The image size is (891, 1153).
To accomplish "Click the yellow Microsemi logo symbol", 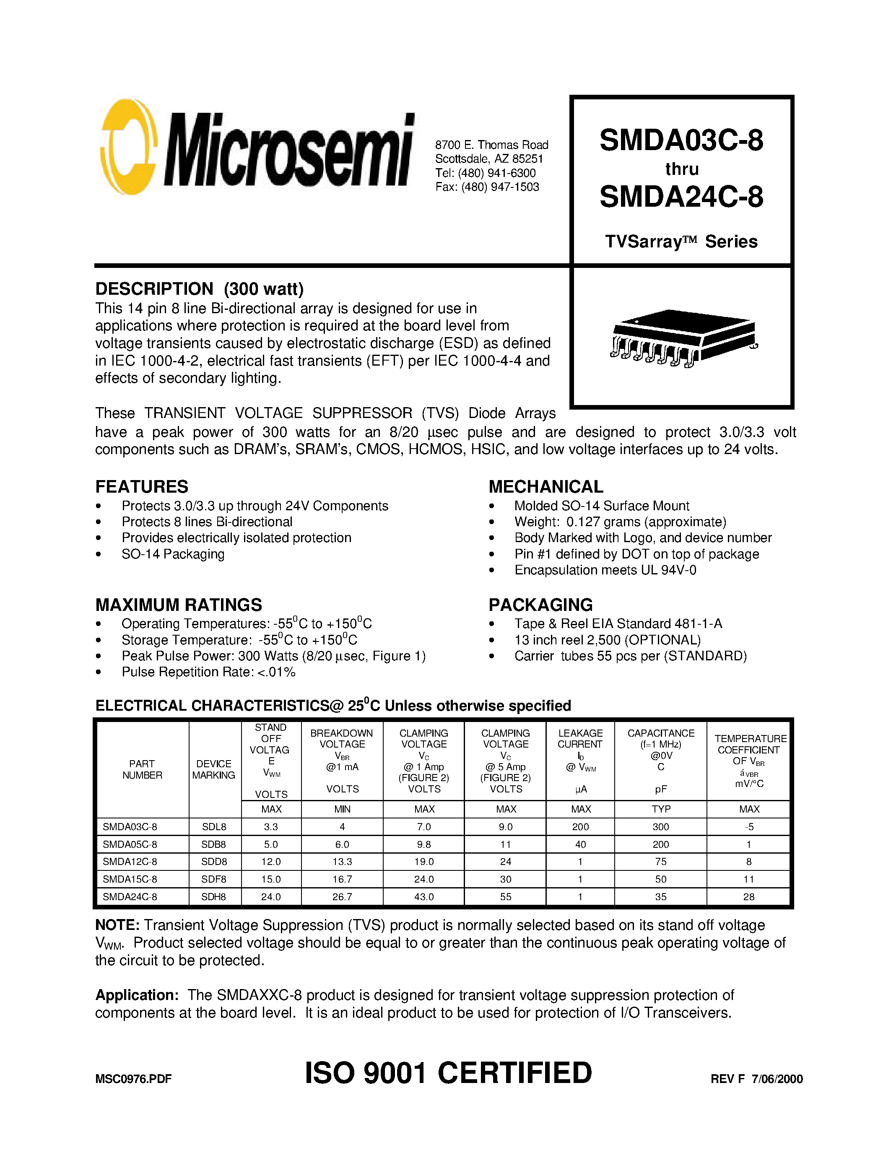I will [128, 146].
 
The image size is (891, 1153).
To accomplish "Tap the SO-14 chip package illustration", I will [683, 338].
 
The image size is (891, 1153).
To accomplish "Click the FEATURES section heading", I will [141, 486].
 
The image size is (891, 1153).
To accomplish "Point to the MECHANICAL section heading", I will [546, 486].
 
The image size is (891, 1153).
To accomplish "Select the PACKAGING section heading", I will [540, 605].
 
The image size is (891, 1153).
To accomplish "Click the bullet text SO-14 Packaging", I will [173, 554].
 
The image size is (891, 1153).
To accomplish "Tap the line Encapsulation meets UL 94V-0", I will [605, 570].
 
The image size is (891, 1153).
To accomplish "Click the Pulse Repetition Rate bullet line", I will [208, 672].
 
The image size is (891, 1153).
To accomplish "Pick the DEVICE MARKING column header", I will [214, 769].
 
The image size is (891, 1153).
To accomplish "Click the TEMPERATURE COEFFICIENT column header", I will [750, 760].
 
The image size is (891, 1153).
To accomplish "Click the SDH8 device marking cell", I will [214, 896].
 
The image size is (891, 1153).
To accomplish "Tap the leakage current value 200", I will [580, 827].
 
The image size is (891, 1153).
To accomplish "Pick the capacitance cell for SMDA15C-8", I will [660, 879].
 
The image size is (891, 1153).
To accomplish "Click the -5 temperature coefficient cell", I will [749, 827].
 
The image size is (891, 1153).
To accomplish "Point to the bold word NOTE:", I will [117, 925].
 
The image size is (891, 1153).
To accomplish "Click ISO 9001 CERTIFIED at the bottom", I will [448, 1073].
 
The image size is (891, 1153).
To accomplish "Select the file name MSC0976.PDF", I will [133, 1078].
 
